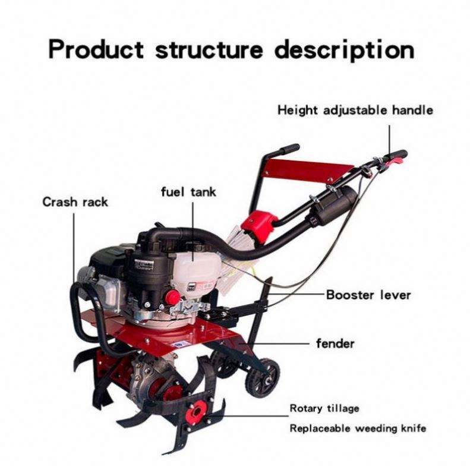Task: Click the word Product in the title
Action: click(x=95, y=49)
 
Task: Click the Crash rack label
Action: click(x=75, y=202)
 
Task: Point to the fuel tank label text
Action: click(x=188, y=192)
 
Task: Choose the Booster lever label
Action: click(x=368, y=295)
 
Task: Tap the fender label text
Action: click(x=335, y=343)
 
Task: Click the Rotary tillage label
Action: click(x=324, y=409)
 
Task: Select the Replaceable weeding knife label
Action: click(x=358, y=428)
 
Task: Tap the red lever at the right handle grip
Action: click(x=397, y=157)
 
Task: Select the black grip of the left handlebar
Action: click(x=290, y=149)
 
